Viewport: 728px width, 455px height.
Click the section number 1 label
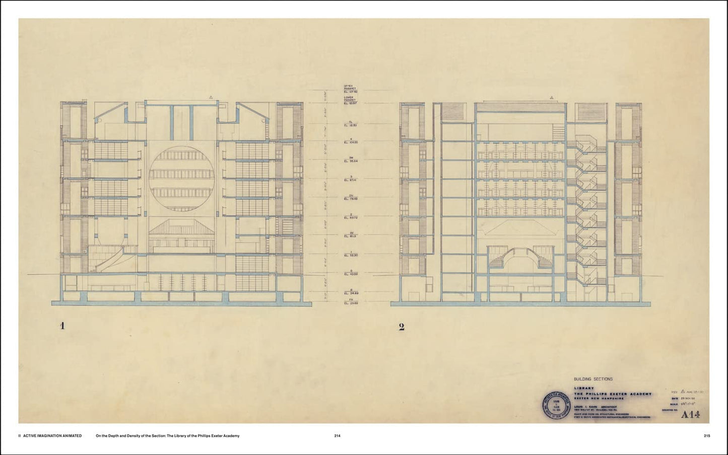point(62,326)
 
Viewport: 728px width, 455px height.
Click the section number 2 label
point(402,327)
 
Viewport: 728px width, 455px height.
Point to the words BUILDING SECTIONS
point(593,379)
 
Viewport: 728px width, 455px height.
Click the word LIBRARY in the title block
point(583,388)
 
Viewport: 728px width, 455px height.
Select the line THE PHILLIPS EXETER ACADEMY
point(612,394)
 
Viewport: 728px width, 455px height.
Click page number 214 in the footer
point(338,436)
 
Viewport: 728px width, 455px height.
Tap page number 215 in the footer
point(707,436)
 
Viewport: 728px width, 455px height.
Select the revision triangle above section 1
point(212,97)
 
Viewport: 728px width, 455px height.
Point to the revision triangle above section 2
point(552,97)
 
